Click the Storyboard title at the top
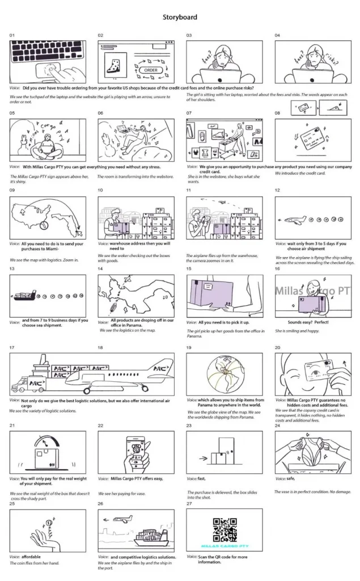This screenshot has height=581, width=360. pyautogui.click(x=180, y=18)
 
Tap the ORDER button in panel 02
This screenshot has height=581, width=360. pyautogui.click(x=150, y=70)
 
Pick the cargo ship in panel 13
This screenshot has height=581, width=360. pyautogui.click(x=26, y=295)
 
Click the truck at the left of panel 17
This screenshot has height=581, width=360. pyautogui.click(x=20, y=385)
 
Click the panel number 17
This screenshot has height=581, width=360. pyautogui.click(x=12, y=347)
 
